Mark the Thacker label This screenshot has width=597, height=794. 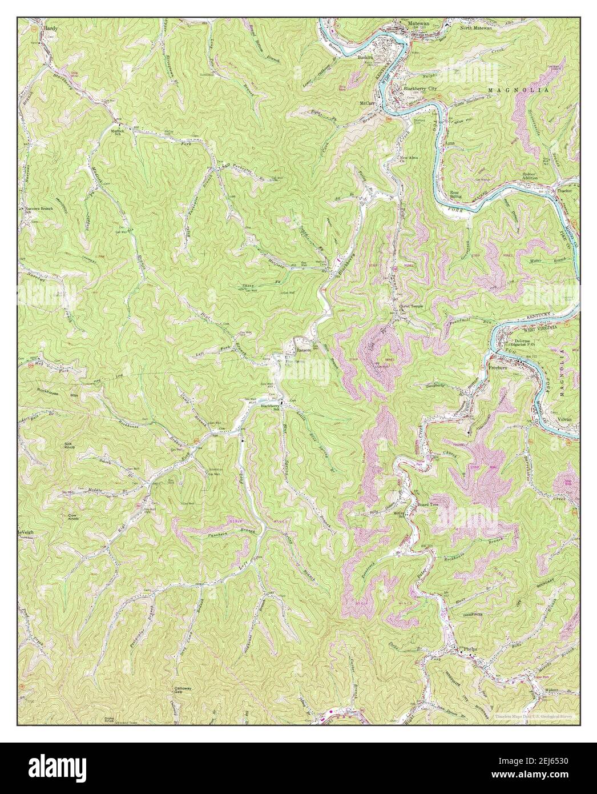pos(564,191)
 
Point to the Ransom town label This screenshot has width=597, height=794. pos(302,351)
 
